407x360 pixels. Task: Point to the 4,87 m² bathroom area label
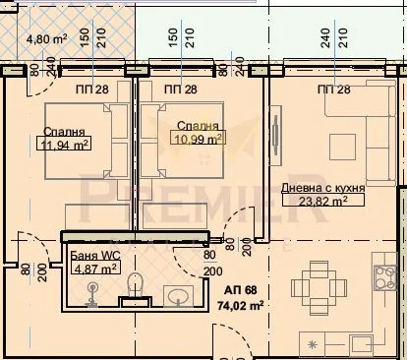tap(95, 267)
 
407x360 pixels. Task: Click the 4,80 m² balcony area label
tap(45, 39)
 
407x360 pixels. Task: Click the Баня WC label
tap(95, 255)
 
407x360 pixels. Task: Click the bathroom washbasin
tap(178, 294)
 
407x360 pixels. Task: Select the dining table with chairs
tap(319, 280)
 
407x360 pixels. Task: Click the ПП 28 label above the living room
tap(333, 90)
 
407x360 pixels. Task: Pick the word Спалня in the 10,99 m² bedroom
tap(197, 126)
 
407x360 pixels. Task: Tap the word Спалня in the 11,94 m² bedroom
tap(63, 132)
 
